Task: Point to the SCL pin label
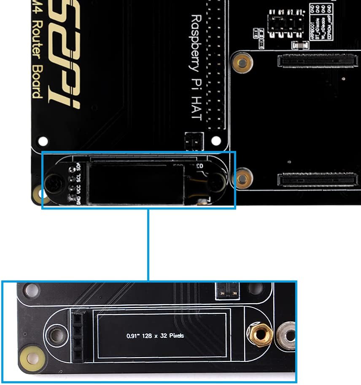(78, 177)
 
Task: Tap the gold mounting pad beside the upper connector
(242, 63)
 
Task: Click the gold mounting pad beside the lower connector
(242, 178)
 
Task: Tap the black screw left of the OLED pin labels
(54, 184)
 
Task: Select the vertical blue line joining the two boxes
(148, 245)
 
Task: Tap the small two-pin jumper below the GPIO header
(194, 141)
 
